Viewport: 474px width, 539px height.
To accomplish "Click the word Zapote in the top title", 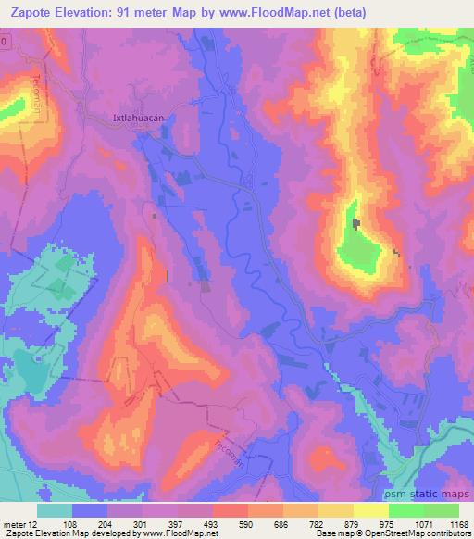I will click(x=36, y=13).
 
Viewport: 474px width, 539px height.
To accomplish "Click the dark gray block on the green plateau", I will click(x=358, y=225).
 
